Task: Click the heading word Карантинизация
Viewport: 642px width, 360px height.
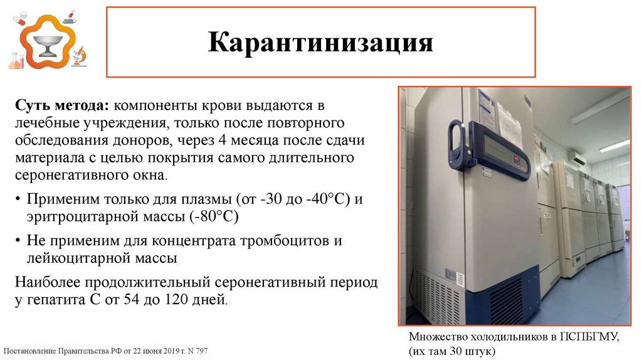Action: (x=320, y=43)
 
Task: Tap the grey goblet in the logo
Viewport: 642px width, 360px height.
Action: (x=48, y=45)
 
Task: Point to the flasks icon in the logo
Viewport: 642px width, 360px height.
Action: (x=16, y=60)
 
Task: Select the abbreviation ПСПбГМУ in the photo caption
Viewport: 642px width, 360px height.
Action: (x=588, y=337)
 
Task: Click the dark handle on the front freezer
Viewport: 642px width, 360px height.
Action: (x=456, y=145)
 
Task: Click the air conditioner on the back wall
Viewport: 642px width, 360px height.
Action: (x=577, y=156)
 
